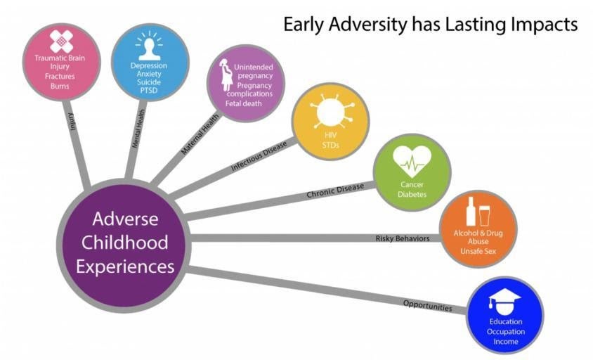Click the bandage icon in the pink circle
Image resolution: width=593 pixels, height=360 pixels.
(61, 41)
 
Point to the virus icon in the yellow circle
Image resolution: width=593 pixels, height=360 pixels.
(330, 111)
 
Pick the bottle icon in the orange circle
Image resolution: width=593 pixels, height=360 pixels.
(471, 211)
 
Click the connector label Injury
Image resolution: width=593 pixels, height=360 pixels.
(72, 122)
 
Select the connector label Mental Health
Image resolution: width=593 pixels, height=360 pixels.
(138, 129)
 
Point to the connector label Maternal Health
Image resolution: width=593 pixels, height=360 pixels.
(200, 134)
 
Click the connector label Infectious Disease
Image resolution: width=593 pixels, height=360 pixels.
(259, 155)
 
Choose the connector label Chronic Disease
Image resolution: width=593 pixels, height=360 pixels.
(335, 191)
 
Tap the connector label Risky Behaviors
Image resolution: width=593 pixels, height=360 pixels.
(403, 238)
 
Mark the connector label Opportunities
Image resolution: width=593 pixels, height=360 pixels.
(427, 305)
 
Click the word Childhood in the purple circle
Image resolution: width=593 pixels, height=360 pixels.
(125, 243)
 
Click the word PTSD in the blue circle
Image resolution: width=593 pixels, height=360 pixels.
(149, 91)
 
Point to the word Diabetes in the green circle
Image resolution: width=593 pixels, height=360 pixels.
(412, 195)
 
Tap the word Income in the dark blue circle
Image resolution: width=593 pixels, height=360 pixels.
(506, 342)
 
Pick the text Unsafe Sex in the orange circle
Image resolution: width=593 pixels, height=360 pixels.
(478, 251)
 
